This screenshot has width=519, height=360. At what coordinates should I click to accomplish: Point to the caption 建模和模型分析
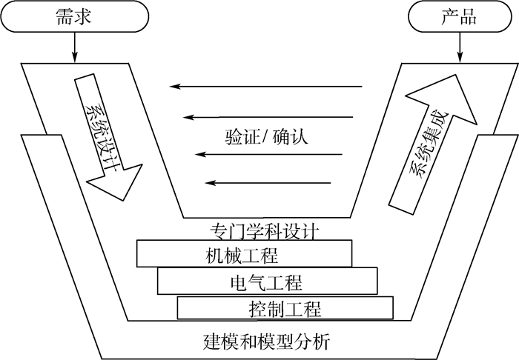point(265,342)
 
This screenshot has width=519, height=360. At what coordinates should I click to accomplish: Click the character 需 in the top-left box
point(65,17)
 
